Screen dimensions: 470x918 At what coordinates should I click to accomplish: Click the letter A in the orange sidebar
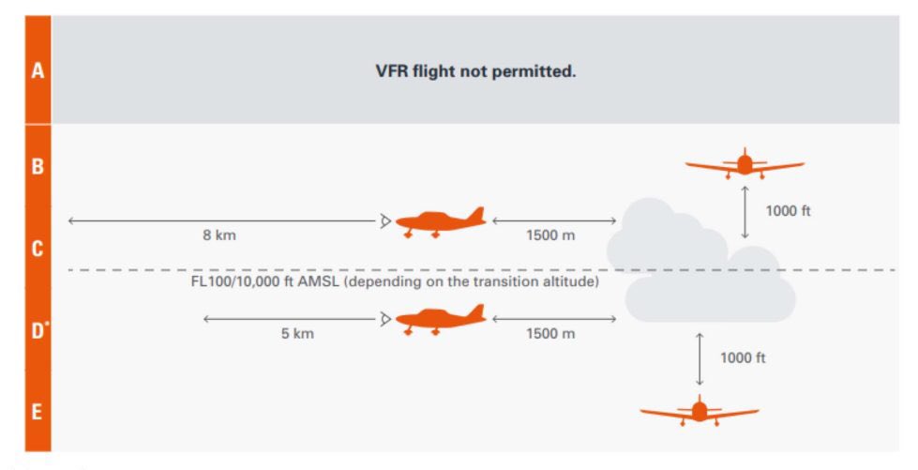[x=38, y=70]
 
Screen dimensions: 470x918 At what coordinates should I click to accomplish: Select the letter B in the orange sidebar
[x=38, y=167]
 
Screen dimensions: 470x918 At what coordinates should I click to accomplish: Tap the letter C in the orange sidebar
[x=38, y=249]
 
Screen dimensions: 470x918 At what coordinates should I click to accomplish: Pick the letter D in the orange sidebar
[x=38, y=331]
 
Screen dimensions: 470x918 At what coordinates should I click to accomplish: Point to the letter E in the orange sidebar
[x=38, y=412]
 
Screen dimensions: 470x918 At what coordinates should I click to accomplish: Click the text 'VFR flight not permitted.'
[x=475, y=71]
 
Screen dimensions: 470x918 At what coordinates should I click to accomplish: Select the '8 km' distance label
[x=219, y=235]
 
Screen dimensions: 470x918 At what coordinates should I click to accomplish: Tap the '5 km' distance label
[x=297, y=334]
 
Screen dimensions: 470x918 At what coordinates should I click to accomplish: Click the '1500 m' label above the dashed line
[x=550, y=235]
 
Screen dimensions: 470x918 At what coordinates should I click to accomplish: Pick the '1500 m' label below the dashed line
[x=550, y=334]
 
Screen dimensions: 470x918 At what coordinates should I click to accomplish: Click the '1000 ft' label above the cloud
[x=788, y=211]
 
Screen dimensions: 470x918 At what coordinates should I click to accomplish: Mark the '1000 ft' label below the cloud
[x=743, y=357]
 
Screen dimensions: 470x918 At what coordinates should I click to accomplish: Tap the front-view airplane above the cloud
[x=745, y=164]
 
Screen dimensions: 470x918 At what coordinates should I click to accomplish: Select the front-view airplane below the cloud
[x=699, y=411]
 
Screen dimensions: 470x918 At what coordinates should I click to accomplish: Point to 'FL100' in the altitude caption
[x=211, y=282]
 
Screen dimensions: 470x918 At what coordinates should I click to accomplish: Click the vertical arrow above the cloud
[x=745, y=212]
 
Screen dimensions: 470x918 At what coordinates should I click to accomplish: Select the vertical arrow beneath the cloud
[x=699, y=358]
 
